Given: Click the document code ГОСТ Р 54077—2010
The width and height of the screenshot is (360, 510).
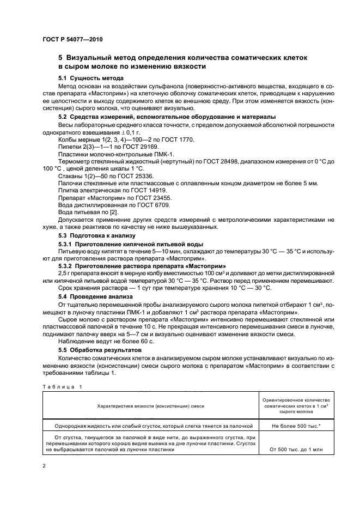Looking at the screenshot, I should point(72,40).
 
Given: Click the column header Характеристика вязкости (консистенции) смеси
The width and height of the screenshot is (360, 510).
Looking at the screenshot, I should point(150,406).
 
